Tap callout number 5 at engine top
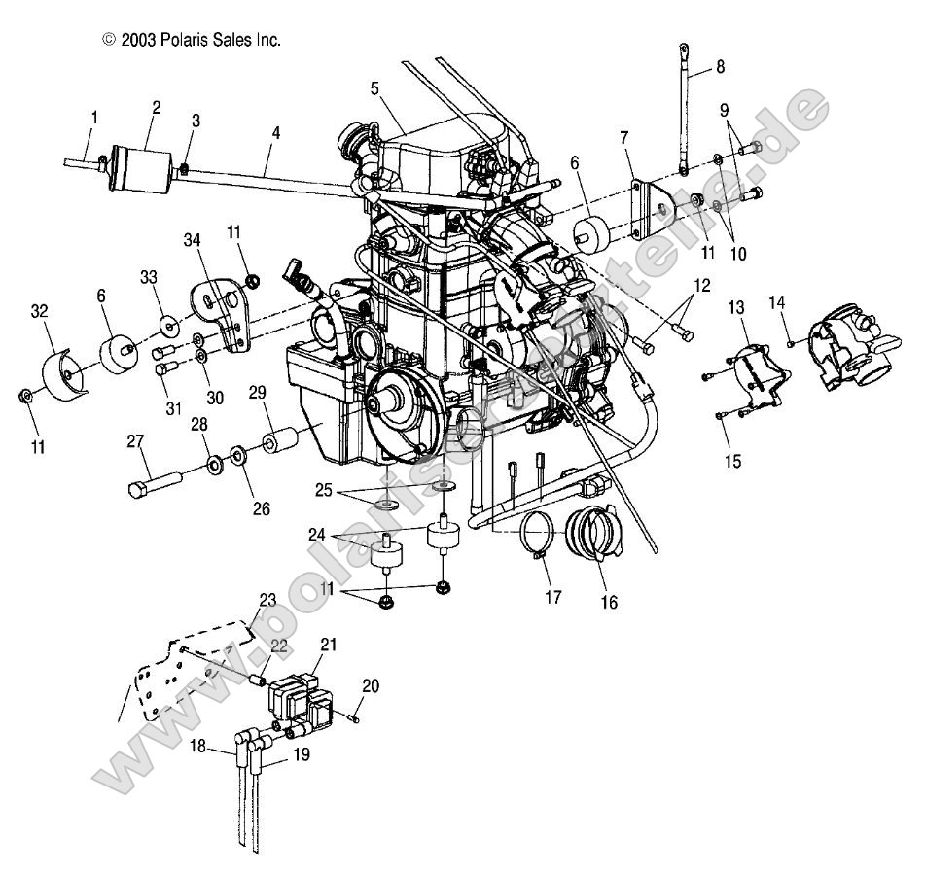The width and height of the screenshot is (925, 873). (374, 88)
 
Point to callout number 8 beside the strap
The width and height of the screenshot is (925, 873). (720, 66)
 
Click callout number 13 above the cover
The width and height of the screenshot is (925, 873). (736, 308)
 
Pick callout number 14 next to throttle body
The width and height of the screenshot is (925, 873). (775, 301)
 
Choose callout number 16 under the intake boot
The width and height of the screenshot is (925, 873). (608, 602)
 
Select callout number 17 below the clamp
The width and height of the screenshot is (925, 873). (552, 598)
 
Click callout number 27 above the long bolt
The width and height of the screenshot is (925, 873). (135, 440)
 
